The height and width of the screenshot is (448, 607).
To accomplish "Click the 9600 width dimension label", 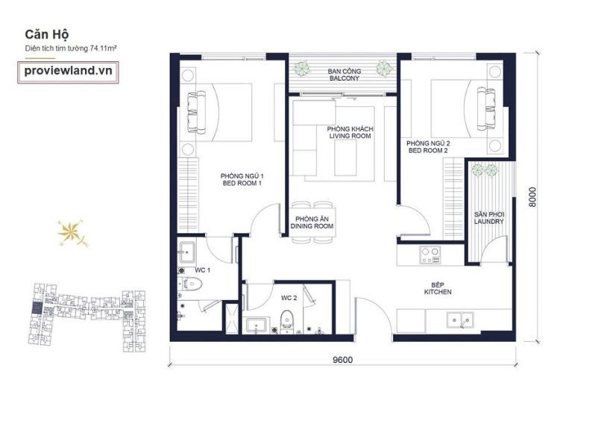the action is tap(342, 360).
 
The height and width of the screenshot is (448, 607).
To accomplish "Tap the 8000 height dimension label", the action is tap(532, 197).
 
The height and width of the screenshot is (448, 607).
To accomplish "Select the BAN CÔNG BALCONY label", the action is tap(345, 75).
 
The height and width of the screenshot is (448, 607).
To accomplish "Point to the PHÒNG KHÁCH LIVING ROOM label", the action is tap(350, 133).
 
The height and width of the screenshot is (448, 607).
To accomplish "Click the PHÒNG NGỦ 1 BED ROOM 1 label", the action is tap(242, 179).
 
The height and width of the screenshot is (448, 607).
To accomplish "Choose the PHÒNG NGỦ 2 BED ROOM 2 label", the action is tap(428, 147).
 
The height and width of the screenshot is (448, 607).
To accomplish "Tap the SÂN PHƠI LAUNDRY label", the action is tap(489, 218).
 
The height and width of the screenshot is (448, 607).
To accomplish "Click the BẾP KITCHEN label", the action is tap(438, 288).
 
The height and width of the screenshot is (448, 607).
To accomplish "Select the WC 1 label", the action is tap(203, 270).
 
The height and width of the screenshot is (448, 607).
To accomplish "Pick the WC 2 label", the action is tap(289, 298).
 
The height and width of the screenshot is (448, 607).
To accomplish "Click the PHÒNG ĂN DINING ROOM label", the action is tap(312, 223).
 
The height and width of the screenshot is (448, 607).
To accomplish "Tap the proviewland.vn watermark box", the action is tap(68, 72).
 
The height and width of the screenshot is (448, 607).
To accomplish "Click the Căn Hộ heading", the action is tap(47, 34).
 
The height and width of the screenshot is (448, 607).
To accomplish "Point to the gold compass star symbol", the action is tap(72, 233).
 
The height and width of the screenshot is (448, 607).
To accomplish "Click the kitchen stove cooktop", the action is tap(430, 255).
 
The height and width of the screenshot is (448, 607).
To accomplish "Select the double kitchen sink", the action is tap(460, 320).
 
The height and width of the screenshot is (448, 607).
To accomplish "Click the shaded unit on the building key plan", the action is tap(36, 308).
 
